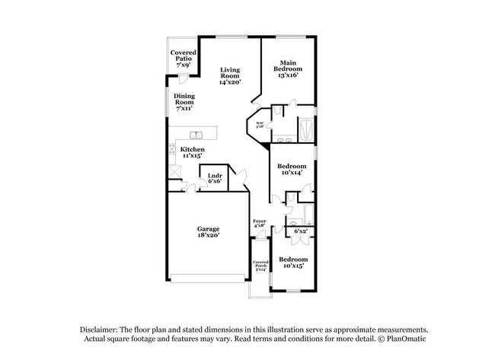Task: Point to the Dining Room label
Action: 184,103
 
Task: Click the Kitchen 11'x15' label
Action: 192,152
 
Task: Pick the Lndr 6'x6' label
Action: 215,179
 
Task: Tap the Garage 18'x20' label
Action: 209,233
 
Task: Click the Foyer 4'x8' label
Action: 259,223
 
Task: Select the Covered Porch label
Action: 261,265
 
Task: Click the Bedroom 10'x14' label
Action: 291,170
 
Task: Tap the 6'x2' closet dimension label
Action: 301,231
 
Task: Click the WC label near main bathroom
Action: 260,125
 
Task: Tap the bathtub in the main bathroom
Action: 305,128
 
